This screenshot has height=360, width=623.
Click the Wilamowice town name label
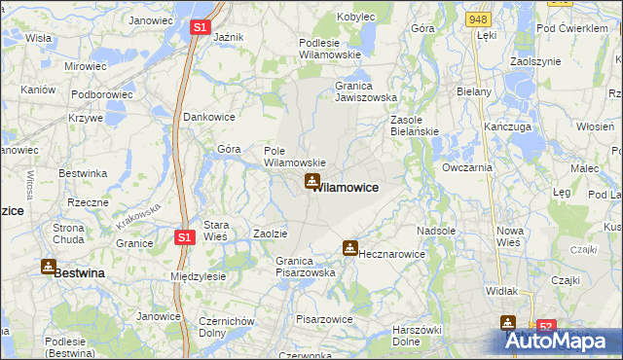[x=346, y=186]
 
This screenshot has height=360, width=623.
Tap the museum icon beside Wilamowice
[x=312, y=180]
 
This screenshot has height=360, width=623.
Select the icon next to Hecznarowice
[x=349, y=248]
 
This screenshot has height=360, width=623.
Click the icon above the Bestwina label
[x=49, y=266]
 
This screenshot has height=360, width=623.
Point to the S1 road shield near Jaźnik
[x=199, y=28]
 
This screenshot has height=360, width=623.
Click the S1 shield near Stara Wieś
[x=186, y=236]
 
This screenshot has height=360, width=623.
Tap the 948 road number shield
[x=477, y=18]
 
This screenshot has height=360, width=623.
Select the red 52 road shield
[x=546, y=328]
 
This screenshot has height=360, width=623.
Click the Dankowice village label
[x=209, y=117]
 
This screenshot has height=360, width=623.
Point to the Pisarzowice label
[x=324, y=318]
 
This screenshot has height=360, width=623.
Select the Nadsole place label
[x=435, y=232]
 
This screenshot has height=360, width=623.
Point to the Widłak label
[x=501, y=291]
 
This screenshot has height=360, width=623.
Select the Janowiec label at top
[x=150, y=20]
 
